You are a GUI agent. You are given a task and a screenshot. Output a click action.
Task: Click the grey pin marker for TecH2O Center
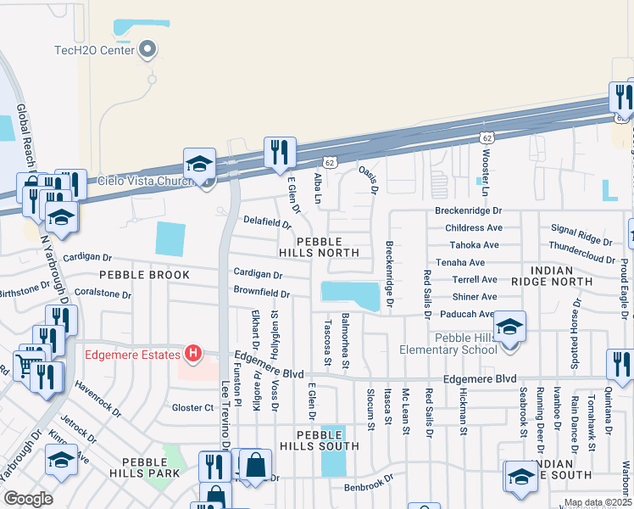[149, 50]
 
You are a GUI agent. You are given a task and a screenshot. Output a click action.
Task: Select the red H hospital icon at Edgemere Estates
[193, 353]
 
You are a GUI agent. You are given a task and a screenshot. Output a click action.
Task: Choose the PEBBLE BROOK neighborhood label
[137, 276]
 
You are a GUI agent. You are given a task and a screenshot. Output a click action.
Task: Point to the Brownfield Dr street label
[262, 294]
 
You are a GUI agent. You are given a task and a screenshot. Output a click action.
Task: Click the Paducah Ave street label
[466, 314]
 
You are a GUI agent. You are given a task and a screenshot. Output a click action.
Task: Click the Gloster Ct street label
[192, 408]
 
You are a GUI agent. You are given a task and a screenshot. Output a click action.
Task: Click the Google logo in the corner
[28, 499]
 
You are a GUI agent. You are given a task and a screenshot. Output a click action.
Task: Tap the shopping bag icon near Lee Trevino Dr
[255, 465]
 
